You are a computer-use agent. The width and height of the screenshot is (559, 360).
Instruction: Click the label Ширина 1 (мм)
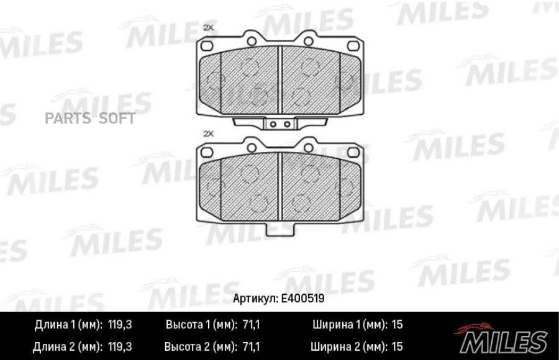[349, 324]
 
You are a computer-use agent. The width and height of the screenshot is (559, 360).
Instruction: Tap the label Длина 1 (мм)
[68, 324]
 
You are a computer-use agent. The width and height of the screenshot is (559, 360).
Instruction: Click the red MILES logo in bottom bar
[503, 338]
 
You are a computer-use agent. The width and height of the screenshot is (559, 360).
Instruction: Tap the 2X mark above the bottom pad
[208, 133]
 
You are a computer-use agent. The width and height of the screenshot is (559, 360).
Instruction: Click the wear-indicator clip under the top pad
[278, 124]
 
